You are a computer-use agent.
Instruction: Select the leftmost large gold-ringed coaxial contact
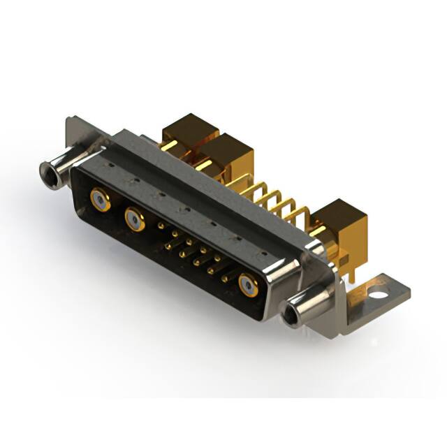(x=101, y=200)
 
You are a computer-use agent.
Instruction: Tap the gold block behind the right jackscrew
(x=340, y=220)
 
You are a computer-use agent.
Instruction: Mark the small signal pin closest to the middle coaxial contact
(x=162, y=226)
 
